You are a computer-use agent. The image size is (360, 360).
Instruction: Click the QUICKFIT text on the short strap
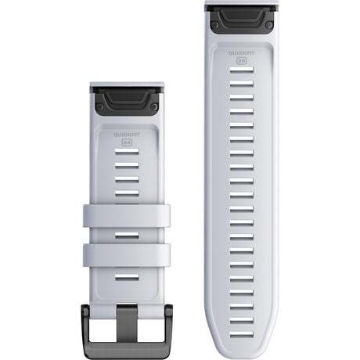pyautogui.click(x=126, y=134)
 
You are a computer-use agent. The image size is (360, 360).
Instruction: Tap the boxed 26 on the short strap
pyautogui.click(x=126, y=144)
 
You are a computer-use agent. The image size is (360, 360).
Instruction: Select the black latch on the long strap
pyautogui.click(x=242, y=17)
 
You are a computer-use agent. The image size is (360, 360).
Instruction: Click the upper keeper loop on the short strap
pyautogui.click(x=126, y=215)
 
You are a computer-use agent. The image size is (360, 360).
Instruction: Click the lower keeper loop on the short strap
pyautogui.click(x=126, y=254)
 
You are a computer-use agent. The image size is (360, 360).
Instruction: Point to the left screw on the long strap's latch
pyautogui.click(x=214, y=24)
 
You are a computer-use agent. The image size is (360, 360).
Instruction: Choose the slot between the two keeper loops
pyautogui.click(x=126, y=234)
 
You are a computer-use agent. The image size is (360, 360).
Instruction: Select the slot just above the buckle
pyautogui.click(x=126, y=276)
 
